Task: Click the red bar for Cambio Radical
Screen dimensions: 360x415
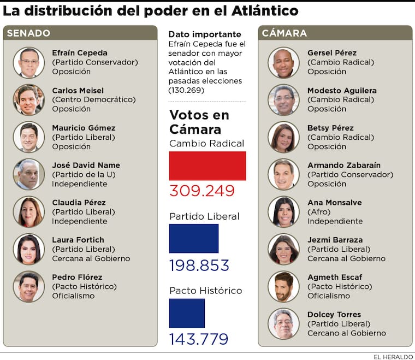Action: click(x=207, y=166)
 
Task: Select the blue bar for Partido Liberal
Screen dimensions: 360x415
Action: click(x=193, y=238)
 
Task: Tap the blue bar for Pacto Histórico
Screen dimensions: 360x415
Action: click(x=187, y=312)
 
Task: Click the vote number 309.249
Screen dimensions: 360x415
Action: click(x=201, y=191)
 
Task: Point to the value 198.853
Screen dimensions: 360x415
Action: click(x=199, y=265)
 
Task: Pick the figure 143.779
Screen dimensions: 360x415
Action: click(x=198, y=339)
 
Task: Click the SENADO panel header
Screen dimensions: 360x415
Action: click(x=28, y=33)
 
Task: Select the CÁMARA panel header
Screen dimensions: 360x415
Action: click(x=284, y=33)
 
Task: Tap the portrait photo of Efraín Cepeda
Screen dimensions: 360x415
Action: click(x=28, y=62)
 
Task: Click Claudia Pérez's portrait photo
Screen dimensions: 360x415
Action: click(x=28, y=211)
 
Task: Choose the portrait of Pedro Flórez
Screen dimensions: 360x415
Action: click(x=28, y=286)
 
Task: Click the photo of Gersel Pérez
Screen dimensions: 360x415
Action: click(x=283, y=62)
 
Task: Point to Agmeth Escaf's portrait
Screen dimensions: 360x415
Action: click(x=283, y=286)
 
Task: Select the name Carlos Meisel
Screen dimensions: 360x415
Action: click(x=78, y=90)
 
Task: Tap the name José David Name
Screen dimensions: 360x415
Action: click(x=86, y=165)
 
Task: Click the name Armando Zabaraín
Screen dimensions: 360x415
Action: click(x=344, y=165)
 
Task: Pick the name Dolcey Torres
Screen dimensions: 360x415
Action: click(x=334, y=315)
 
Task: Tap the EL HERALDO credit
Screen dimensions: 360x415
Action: click(x=393, y=356)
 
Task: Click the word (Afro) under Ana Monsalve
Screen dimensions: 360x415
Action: click(x=319, y=212)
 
